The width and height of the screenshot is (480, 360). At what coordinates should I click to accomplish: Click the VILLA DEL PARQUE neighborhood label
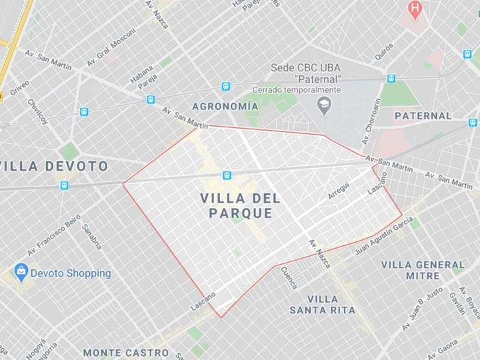click(240, 205)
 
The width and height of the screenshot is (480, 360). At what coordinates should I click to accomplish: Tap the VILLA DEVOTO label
click(54, 166)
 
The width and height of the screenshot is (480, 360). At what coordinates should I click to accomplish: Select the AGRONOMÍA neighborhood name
click(225, 106)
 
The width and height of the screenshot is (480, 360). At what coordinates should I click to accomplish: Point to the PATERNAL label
click(423, 115)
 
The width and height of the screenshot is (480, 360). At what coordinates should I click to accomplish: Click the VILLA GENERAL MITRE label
click(423, 270)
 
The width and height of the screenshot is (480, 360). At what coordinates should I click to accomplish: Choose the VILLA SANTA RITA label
click(323, 305)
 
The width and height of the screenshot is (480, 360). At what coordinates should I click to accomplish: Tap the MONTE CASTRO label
click(126, 352)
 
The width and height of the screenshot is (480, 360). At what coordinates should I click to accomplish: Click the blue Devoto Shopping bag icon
click(22, 273)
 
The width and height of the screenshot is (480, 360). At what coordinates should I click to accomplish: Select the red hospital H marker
click(415, 9)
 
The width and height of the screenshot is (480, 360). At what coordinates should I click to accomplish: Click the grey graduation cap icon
click(324, 105)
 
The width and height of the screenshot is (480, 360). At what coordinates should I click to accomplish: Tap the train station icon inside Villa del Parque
click(227, 175)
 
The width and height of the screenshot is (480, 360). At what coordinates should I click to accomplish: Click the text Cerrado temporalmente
click(297, 90)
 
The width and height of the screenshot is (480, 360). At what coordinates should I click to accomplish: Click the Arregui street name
click(339, 191)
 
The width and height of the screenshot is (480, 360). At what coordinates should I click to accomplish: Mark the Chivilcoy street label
click(37, 111)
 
